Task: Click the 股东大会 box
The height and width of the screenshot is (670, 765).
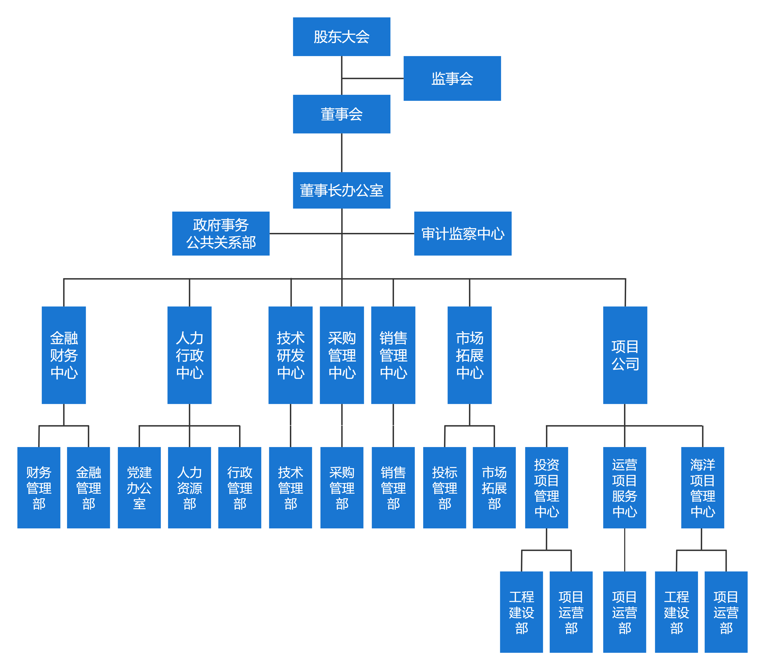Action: coord(342,37)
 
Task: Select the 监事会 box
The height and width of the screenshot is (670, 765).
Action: coord(452,79)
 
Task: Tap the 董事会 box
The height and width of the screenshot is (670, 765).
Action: coord(342,114)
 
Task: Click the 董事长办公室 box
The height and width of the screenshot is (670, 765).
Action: coord(342,190)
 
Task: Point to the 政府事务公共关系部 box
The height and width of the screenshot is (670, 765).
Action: coord(221,234)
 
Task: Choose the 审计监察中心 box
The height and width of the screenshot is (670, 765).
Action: coord(463,234)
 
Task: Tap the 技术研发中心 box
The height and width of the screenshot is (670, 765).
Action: coord(291,355)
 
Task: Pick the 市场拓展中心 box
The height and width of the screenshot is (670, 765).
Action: coord(470,355)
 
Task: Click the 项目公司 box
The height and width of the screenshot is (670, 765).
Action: coord(625,355)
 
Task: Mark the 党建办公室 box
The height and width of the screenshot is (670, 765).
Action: coord(139,488)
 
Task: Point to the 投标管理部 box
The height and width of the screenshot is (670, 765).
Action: coord(444,488)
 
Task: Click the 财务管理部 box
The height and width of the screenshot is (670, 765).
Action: coord(39,488)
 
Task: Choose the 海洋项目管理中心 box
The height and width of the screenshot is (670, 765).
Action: coord(703,488)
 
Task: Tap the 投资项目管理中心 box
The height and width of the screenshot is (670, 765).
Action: coord(547,488)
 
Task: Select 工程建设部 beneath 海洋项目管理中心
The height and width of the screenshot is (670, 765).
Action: coord(676,612)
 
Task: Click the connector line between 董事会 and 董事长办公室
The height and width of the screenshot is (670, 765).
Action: coord(342,152)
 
